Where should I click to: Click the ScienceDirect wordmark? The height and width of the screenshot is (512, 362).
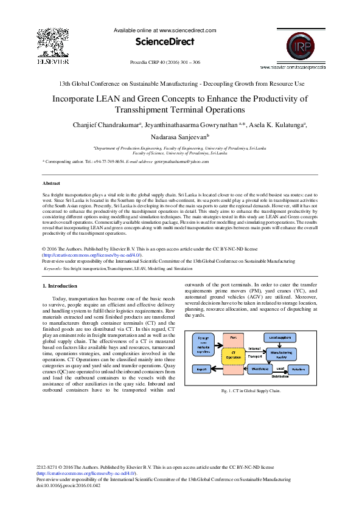pyautogui.click(x=164, y=42)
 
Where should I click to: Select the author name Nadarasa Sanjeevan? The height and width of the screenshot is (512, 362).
pyautogui.click(x=181, y=137)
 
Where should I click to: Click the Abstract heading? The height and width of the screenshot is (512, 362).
pyautogui.click(x=51, y=182)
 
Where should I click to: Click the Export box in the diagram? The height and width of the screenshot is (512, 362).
pyautogui.click(x=201, y=368)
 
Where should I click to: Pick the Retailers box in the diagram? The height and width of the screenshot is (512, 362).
pyautogui.click(x=299, y=368)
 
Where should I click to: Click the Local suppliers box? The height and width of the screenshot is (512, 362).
pyautogui.click(x=280, y=337)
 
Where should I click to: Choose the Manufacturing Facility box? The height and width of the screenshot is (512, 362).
pyautogui.click(x=281, y=353)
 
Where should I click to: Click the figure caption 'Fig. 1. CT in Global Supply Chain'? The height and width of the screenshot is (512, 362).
pyautogui.click(x=255, y=390)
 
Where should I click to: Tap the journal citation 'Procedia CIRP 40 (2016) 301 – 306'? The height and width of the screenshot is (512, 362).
pyautogui.click(x=166, y=63)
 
